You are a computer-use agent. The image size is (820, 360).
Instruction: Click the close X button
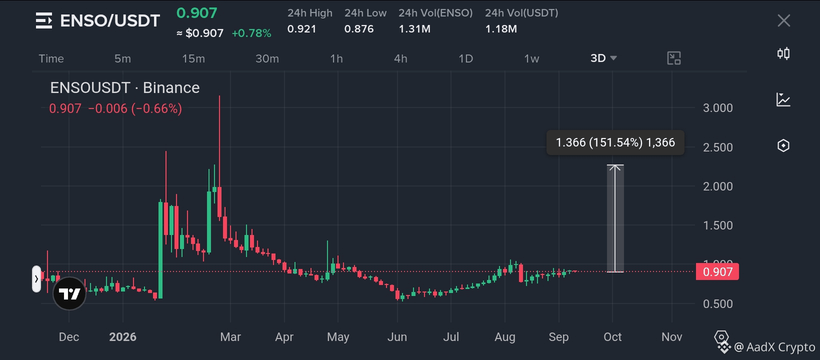(784, 20)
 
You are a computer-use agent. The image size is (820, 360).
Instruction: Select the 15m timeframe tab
(193, 58)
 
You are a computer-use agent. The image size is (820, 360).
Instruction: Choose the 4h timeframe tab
(400, 58)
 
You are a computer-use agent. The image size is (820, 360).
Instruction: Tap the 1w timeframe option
(531, 58)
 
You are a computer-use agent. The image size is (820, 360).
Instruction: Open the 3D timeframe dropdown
(603, 58)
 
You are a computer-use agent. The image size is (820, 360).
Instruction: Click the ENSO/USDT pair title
(110, 20)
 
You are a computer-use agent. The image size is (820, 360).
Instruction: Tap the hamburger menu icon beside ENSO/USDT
(44, 20)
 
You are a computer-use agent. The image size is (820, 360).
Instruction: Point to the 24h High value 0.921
(301, 29)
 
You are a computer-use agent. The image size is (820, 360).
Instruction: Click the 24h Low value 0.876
(359, 29)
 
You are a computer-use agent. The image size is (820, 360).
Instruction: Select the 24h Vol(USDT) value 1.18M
(501, 29)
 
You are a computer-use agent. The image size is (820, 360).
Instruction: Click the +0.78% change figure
(251, 33)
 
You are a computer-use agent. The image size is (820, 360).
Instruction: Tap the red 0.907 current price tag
(717, 271)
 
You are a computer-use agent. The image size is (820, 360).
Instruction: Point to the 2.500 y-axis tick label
(717, 147)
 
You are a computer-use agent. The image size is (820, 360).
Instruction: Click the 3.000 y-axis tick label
(717, 108)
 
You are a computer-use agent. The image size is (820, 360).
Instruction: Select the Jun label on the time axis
(397, 337)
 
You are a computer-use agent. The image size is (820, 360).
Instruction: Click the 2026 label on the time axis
(122, 337)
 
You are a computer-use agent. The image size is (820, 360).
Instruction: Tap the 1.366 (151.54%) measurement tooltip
(615, 142)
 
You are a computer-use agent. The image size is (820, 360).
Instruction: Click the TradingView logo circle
(69, 293)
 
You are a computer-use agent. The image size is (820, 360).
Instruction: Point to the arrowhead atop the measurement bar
(615, 167)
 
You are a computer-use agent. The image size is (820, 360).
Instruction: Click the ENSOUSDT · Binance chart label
(125, 88)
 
